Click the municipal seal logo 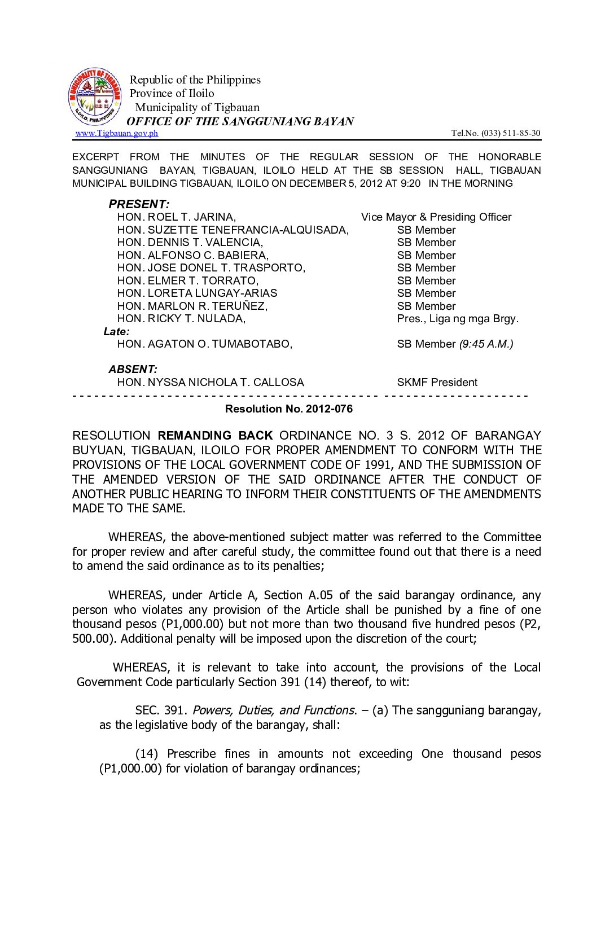pos(95,97)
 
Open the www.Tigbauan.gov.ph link pos(117,133)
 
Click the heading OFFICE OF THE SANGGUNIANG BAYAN pos(240,121)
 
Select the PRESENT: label pos(139,204)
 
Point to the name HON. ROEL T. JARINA pos(177,217)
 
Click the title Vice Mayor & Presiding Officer pos(436,217)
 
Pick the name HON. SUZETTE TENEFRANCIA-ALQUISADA pos(233,230)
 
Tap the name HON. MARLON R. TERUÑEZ pos(192,306)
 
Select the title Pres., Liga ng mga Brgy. pos(458,319)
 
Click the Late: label pos(116,332)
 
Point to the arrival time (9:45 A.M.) pos(486,344)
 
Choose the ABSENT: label pos(133,370)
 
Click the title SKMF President pos(437,383)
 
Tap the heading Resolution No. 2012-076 pos(288,409)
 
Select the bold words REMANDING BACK pos(215,436)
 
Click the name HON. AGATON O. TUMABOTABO pos(204,344)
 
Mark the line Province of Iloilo pos(172,94)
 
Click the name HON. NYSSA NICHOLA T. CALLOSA pos(210,383)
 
